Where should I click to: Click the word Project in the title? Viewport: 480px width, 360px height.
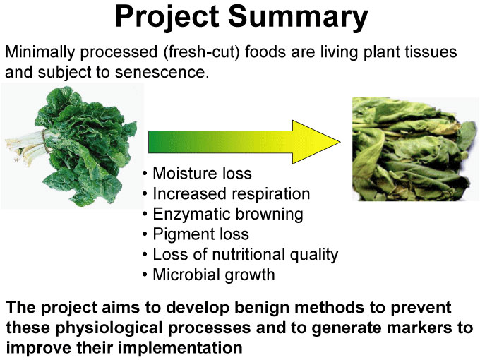(167, 17)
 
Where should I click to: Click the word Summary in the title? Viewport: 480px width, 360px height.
(298, 17)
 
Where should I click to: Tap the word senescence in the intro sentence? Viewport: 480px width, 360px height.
(162, 73)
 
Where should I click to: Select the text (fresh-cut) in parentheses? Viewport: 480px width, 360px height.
(201, 52)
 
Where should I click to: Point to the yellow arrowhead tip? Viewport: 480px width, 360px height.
(340, 142)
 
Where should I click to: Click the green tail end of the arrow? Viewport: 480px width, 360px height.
(150, 142)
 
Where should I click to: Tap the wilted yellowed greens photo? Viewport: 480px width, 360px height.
(415, 149)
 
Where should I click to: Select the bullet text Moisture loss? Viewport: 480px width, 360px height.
(202, 173)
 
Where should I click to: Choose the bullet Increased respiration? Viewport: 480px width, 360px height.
(231, 194)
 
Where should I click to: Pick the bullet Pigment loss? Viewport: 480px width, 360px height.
(200, 234)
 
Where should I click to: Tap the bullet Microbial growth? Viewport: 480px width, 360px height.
(214, 275)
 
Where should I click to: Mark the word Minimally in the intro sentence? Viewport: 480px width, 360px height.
(40, 52)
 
